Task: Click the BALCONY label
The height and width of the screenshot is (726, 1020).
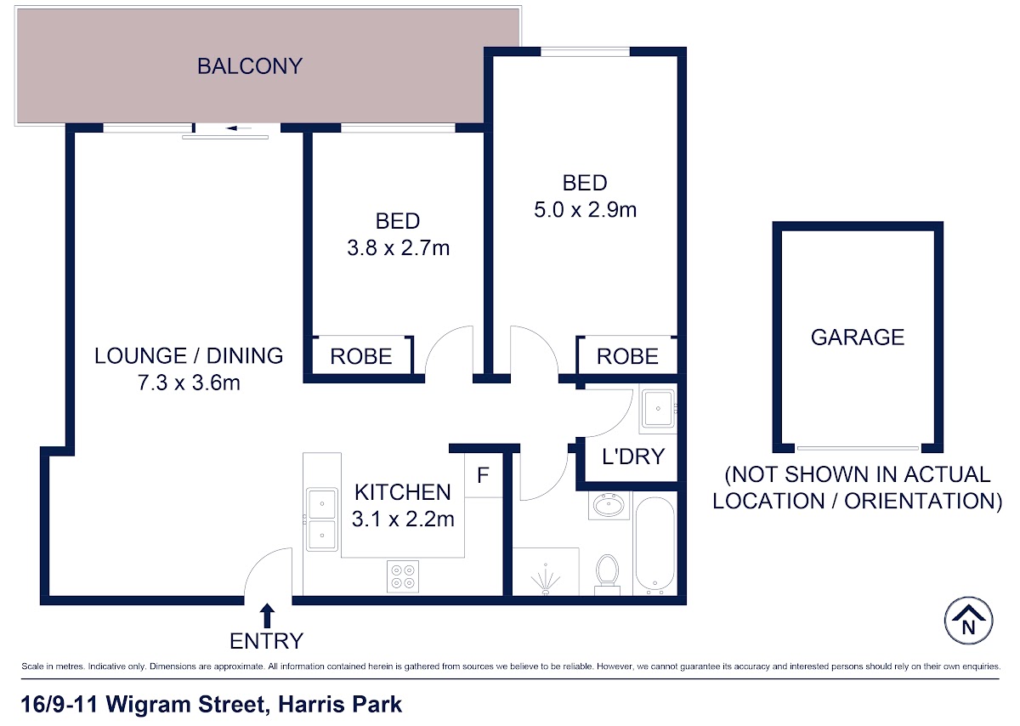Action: (x=250, y=66)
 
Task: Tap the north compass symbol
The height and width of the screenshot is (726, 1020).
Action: (x=968, y=621)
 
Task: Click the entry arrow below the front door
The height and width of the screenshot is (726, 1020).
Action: (x=267, y=615)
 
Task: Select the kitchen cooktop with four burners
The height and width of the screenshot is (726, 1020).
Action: (x=403, y=576)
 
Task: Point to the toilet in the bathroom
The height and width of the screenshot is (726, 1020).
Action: (x=608, y=575)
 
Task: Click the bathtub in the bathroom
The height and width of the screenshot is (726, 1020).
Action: (x=655, y=546)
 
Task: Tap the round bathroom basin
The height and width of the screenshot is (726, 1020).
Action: (x=609, y=505)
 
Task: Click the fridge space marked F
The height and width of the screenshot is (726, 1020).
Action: (x=483, y=474)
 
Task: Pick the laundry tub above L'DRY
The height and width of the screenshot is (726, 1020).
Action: (x=658, y=409)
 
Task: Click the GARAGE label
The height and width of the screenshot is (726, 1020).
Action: (x=858, y=337)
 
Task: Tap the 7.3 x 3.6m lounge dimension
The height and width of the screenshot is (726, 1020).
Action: (x=189, y=383)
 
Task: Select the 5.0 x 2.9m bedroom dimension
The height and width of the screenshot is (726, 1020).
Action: (x=585, y=210)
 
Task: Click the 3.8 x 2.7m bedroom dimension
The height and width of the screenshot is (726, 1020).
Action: (x=399, y=248)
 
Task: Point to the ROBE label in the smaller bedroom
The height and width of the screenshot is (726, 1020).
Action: (x=361, y=356)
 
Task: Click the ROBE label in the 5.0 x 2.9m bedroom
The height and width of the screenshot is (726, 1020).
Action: (x=627, y=356)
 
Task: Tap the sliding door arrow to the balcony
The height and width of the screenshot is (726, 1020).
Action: (x=239, y=128)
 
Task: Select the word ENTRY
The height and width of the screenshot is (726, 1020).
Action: (x=266, y=641)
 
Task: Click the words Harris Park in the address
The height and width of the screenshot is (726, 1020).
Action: (x=340, y=704)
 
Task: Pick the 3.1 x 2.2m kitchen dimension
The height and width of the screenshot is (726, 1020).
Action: (x=403, y=519)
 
